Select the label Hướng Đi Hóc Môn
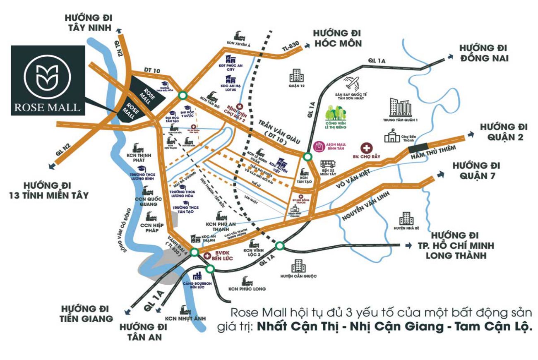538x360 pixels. tap(338, 38)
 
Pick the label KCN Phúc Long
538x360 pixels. tap(247, 289)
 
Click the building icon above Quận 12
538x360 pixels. tap(296, 75)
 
